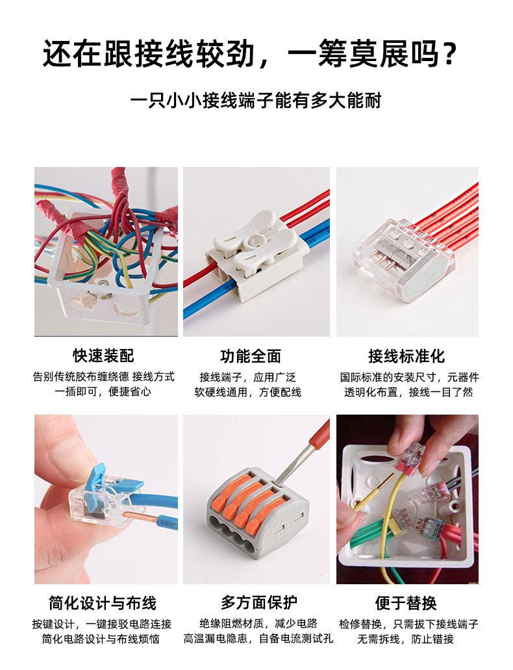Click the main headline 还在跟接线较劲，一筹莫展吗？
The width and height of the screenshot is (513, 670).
[x=250, y=53]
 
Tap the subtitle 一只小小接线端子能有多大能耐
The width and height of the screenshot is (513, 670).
[x=255, y=101]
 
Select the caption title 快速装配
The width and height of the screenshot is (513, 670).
[x=103, y=356]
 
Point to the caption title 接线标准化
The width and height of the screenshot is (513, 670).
[x=407, y=356]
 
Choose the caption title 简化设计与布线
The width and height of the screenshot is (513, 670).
[x=103, y=603]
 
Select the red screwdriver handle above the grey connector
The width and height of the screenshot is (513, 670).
[x=319, y=435]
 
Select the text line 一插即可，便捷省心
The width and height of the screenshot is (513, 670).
[x=103, y=393]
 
